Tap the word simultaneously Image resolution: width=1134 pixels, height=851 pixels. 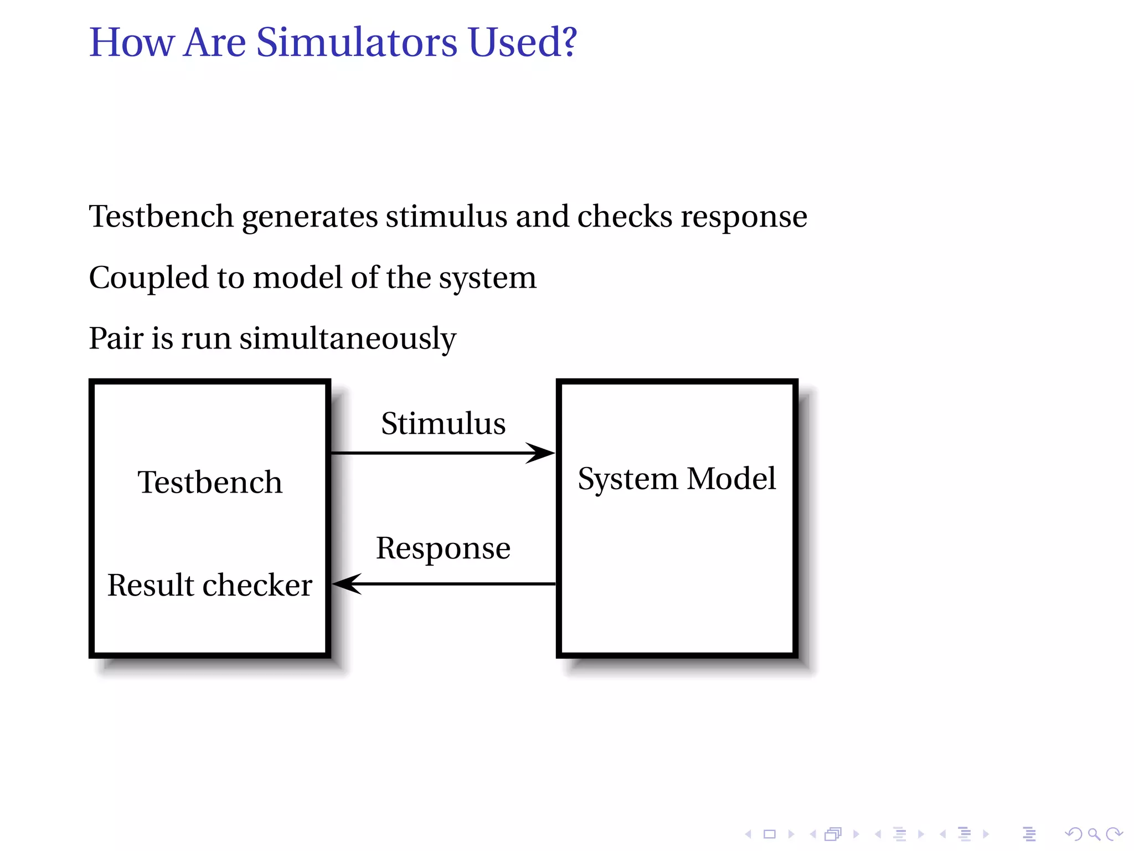coord(347,339)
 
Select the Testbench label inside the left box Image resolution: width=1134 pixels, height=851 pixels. coord(210,482)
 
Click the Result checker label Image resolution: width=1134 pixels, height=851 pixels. coord(210,585)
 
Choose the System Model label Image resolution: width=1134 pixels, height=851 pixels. coord(676,479)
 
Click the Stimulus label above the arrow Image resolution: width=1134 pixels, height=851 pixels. coord(443,424)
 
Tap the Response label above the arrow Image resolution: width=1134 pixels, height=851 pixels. coord(443,548)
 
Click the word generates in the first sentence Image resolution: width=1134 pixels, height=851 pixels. coord(310,217)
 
